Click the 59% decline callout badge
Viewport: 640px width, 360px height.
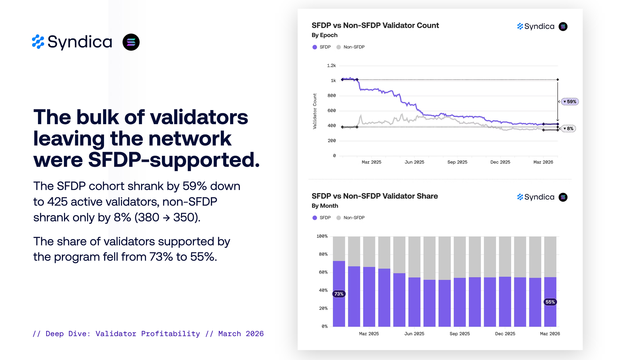(x=570, y=102)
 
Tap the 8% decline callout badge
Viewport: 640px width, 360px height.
(x=569, y=129)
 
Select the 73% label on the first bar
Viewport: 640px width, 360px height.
(x=339, y=294)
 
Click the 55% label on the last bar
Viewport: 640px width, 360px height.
(x=550, y=302)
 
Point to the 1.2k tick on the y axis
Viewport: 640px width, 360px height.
(x=331, y=66)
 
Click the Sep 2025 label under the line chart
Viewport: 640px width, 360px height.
(x=457, y=162)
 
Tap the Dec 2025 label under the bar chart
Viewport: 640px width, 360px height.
(x=505, y=334)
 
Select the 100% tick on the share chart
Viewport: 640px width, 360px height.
(x=322, y=236)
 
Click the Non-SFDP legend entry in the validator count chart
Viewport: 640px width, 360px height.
(x=351, y=47)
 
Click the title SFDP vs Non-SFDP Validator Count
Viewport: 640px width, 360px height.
(x=375, y=26)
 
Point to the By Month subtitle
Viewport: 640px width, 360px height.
(x=325, y=206)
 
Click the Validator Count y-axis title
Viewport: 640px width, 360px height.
(x=315, y=111)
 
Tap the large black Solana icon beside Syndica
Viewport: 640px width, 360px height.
(x=131, y=42)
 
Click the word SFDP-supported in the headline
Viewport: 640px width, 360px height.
(x=174, y=160)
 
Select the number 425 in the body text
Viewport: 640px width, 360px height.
(x=57, y=202)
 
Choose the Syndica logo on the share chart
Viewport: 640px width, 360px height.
(x=536, y=197)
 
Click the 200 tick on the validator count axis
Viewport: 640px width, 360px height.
(x=332, y=141)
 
